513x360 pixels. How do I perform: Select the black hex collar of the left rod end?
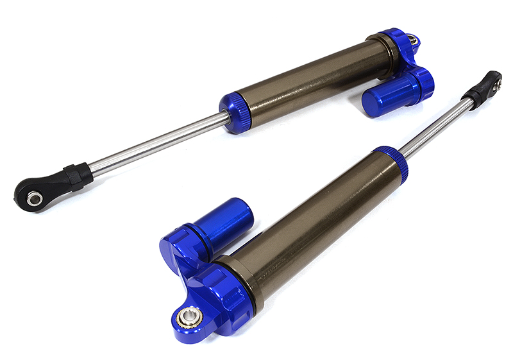(77, 176)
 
